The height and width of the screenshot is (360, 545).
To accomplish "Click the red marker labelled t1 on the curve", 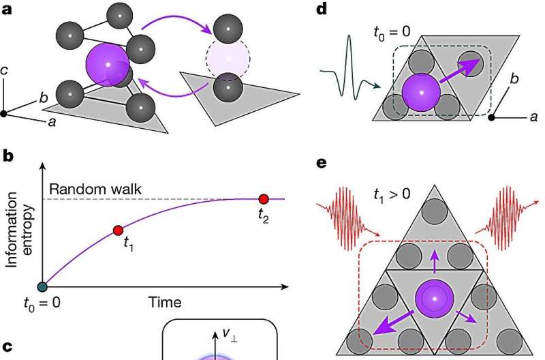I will pos(117,230).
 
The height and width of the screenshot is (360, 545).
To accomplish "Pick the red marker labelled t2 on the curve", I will pos(264,199).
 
